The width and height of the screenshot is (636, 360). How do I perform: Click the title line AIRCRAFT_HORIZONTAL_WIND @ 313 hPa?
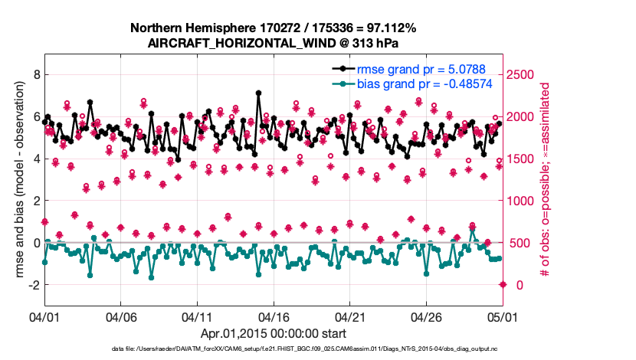click(273, 44)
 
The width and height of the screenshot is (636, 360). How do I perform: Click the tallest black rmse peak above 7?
click(258, 93)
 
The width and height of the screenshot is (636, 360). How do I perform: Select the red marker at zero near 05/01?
click(503, 285)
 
